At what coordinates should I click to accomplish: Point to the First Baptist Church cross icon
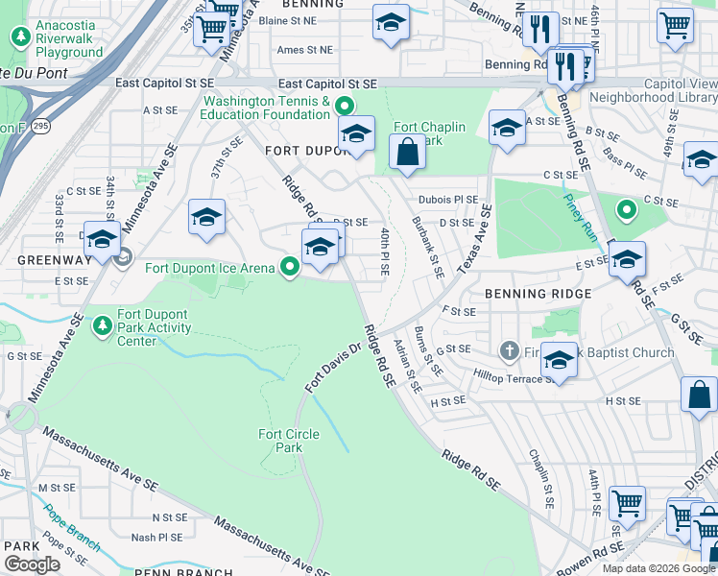point(512,352)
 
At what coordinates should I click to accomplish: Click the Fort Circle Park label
point(289,441)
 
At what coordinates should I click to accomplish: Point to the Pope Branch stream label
point(72,529)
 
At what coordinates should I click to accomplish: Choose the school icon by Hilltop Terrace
point(559,362)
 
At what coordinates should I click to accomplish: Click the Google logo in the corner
point(32,564)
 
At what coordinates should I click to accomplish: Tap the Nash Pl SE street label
point(156,538)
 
